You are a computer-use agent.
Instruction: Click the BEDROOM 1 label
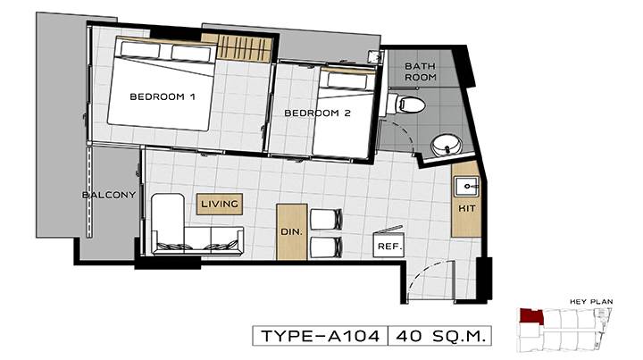(163, 96)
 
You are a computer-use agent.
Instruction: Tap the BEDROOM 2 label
(317, 113)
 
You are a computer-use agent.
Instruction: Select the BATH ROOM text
(421, 71)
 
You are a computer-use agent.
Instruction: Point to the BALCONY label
(109, 195)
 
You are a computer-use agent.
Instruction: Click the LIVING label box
(220, 204)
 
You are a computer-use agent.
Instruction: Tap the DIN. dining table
(292, 231)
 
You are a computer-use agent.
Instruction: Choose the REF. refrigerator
(388, 245)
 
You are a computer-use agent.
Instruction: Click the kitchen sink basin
(466, 186)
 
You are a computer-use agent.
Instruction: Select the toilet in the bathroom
(407, 105)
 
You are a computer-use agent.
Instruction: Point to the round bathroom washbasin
(447, 145)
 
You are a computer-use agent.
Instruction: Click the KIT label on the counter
(467, 208)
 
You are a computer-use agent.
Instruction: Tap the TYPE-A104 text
(321, 336)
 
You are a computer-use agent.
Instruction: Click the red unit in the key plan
(530, 316)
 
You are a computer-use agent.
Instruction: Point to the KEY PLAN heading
(591, 301)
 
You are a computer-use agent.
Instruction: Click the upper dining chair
(327, 220)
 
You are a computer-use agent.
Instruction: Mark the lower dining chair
(327, 247)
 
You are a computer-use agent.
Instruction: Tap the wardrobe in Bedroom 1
(244, 48)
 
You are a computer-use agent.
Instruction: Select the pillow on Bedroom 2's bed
(347, 81)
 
